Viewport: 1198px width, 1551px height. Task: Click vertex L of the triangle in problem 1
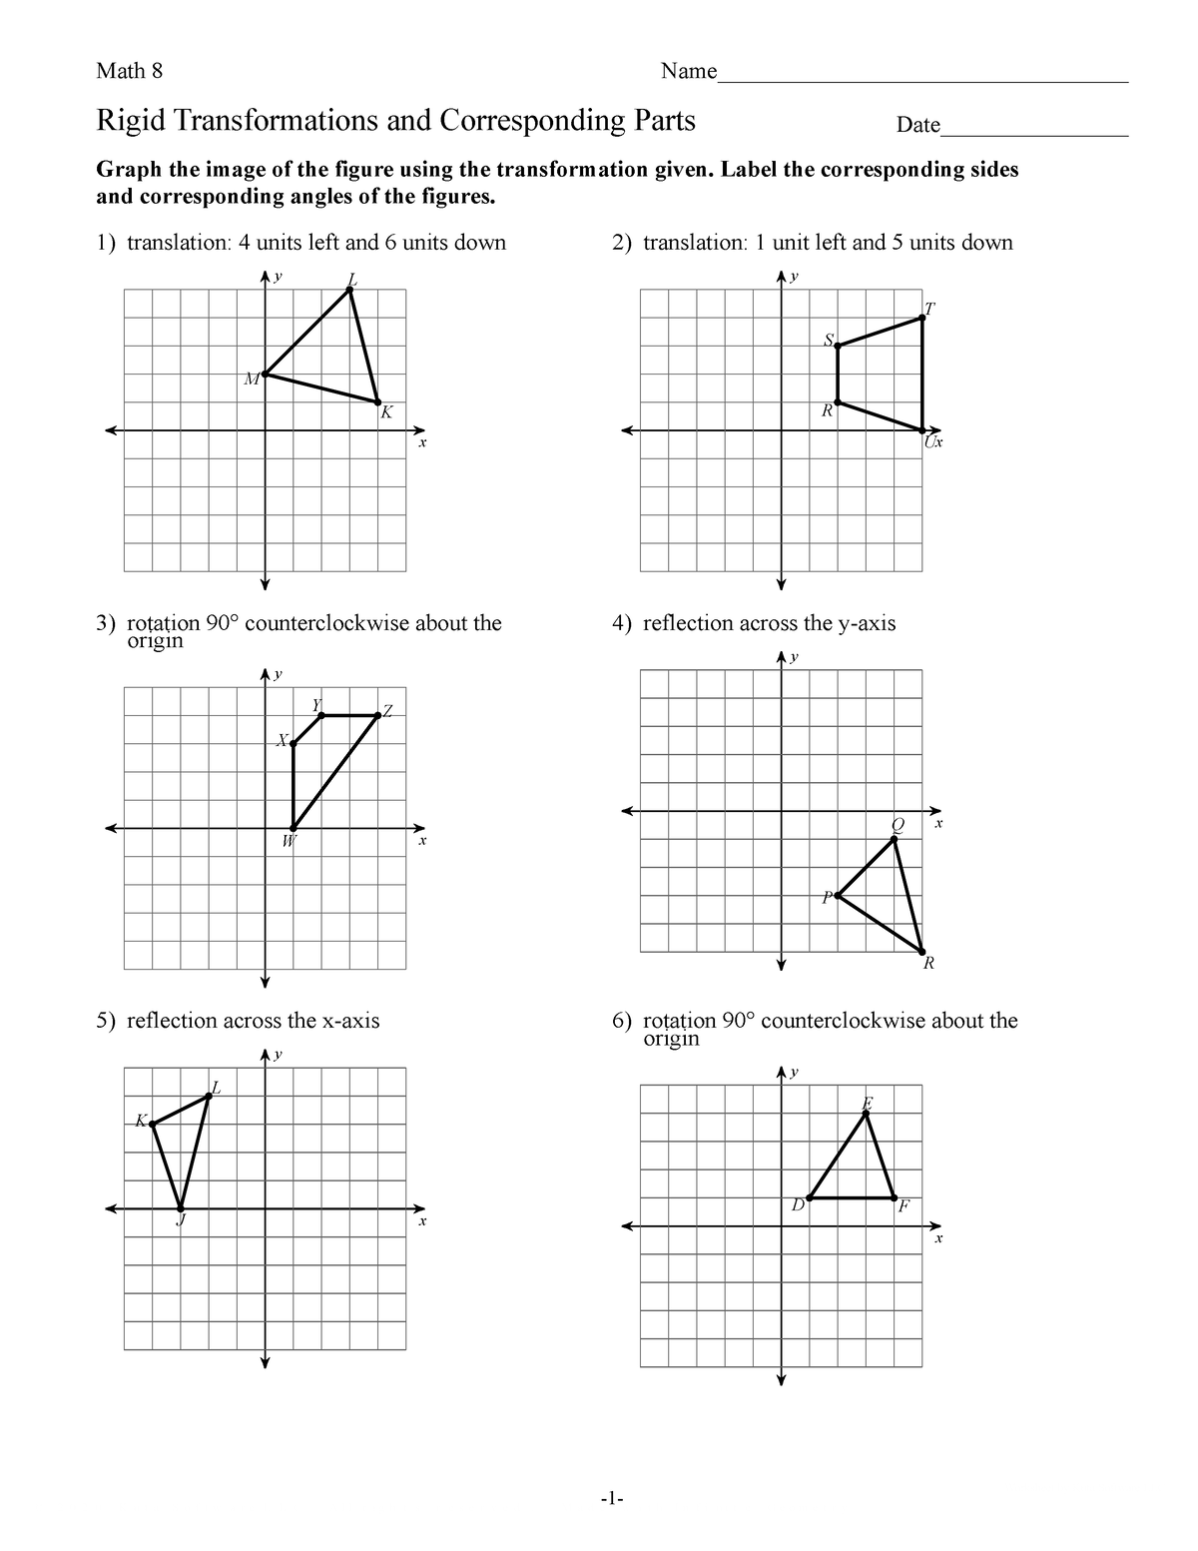(x=349, y=290)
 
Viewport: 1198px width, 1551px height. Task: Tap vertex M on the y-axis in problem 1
(x=265, y=375)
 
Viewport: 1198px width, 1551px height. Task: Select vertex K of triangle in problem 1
(x=377, y=402)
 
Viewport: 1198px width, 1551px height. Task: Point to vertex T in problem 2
(x=922, y=319)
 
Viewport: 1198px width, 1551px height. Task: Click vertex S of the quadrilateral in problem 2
(x=838, y=347)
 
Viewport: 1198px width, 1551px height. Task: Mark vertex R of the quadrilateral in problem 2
(x=838, y=402)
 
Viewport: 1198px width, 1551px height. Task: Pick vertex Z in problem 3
(x=377, y=715)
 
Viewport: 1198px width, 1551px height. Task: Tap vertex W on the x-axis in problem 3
(x=293, y=828)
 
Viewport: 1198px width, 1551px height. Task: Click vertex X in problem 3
(x=293, y=743)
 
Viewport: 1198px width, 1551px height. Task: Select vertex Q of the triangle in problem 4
(x=895, y=840)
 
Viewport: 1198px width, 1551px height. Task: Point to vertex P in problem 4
(x=838, y=896)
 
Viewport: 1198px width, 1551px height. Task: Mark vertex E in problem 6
(x=867, y=1114)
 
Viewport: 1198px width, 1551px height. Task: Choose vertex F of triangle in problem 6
(x=895, y=1197)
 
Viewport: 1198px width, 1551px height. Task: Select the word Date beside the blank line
(x=917, y=126)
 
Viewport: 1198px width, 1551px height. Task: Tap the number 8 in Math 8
(x=156, y=71)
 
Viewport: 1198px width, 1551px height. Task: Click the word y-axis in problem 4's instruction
(x=867, y=624)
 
